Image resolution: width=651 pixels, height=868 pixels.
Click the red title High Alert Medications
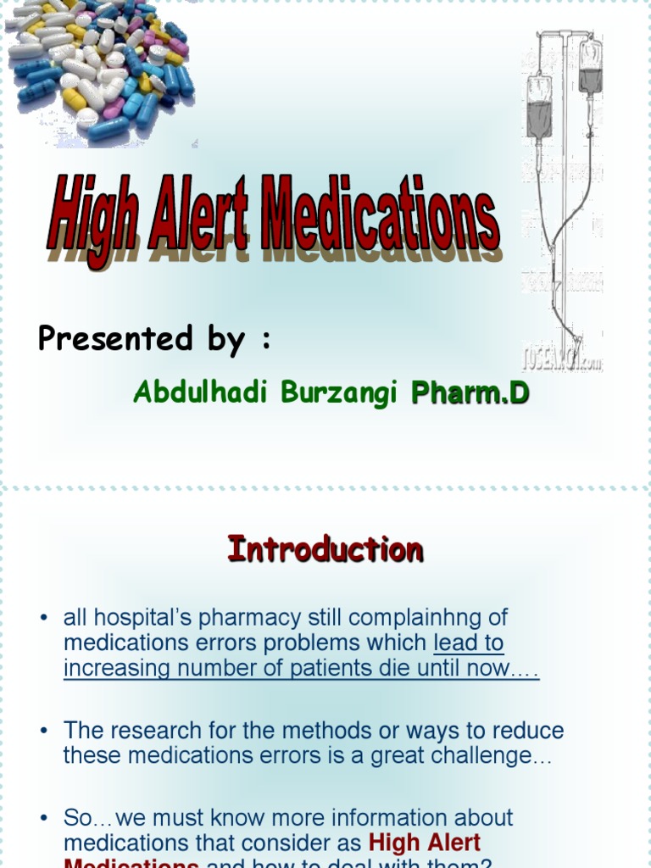click(x=273, y=212)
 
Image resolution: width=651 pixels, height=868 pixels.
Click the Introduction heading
click(x=325, y=549)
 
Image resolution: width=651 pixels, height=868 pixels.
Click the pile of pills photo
click(x=97, y=68)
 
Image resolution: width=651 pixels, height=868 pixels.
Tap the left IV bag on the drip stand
click(x=538, y=106)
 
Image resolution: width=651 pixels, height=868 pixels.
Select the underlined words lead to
click(x=468, y=643)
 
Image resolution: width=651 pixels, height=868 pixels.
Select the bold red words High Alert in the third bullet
click(x=425, y=843)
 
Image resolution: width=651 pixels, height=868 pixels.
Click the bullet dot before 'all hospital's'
click(x=43, y=619)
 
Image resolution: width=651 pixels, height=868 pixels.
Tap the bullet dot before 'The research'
click(x=43, y=732)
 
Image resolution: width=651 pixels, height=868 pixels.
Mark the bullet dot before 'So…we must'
click(x=43, y=819)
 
